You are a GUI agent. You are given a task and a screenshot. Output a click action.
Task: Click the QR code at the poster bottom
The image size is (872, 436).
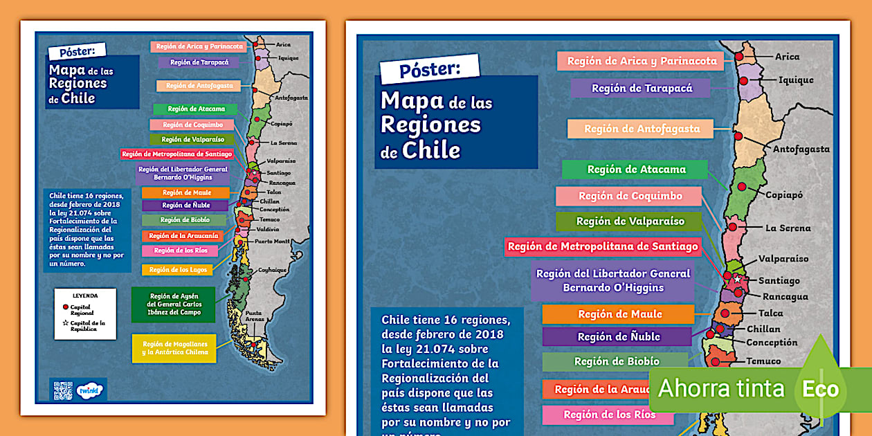point(62,391)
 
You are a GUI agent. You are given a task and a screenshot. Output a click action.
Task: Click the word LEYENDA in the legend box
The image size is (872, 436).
point(85,296)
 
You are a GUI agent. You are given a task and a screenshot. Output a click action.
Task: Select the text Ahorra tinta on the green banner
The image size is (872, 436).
point(721,388)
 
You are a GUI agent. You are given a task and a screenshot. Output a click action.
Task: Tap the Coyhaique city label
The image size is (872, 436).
point(272,270)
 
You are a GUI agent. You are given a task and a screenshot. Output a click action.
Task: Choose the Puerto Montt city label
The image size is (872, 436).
point(271,242)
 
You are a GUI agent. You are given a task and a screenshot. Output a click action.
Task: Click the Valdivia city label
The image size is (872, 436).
point(267,229)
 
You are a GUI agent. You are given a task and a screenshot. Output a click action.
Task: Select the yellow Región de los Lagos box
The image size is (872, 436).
point(176,270)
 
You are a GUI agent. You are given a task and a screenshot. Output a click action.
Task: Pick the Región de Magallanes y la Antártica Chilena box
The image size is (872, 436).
point(174,348)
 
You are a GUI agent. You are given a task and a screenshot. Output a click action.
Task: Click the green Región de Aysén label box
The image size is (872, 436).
point(173,305)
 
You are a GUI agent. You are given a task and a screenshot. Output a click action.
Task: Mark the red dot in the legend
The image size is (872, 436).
point(65,306)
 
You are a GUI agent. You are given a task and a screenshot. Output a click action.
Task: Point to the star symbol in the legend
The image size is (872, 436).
point(65,323)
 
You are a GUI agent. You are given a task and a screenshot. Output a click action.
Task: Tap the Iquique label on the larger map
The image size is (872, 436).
point(796,80)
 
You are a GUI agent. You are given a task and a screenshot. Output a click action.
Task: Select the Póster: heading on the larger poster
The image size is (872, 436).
point(429,69)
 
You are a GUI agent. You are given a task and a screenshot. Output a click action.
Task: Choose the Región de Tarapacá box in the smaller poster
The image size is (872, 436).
point(199,62)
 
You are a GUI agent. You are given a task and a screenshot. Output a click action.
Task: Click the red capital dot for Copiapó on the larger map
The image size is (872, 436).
point(742,187)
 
